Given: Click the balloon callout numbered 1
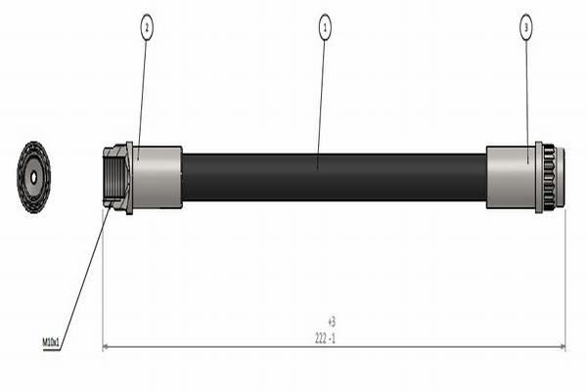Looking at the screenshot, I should click(x=324, y=26).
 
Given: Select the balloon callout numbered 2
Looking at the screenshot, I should click(x=147, y=26).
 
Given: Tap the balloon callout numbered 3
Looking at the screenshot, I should click(x=525, y=26).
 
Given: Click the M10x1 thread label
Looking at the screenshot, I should click(x=52, y=342).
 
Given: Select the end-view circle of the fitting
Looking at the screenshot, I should click(x=33, y=177).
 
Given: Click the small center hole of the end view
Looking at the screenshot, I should click(x=33, y=177).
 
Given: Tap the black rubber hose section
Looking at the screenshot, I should click(x=333, y=177).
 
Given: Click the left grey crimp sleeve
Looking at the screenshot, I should click(x=158, y=177).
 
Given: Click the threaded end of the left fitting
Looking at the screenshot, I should click(x=112, y=177).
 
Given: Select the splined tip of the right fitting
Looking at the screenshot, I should click(x=551, y=177).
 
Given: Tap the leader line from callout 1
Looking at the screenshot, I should click(x=322, y=98).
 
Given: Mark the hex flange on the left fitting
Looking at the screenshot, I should click(x=128, y=177).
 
